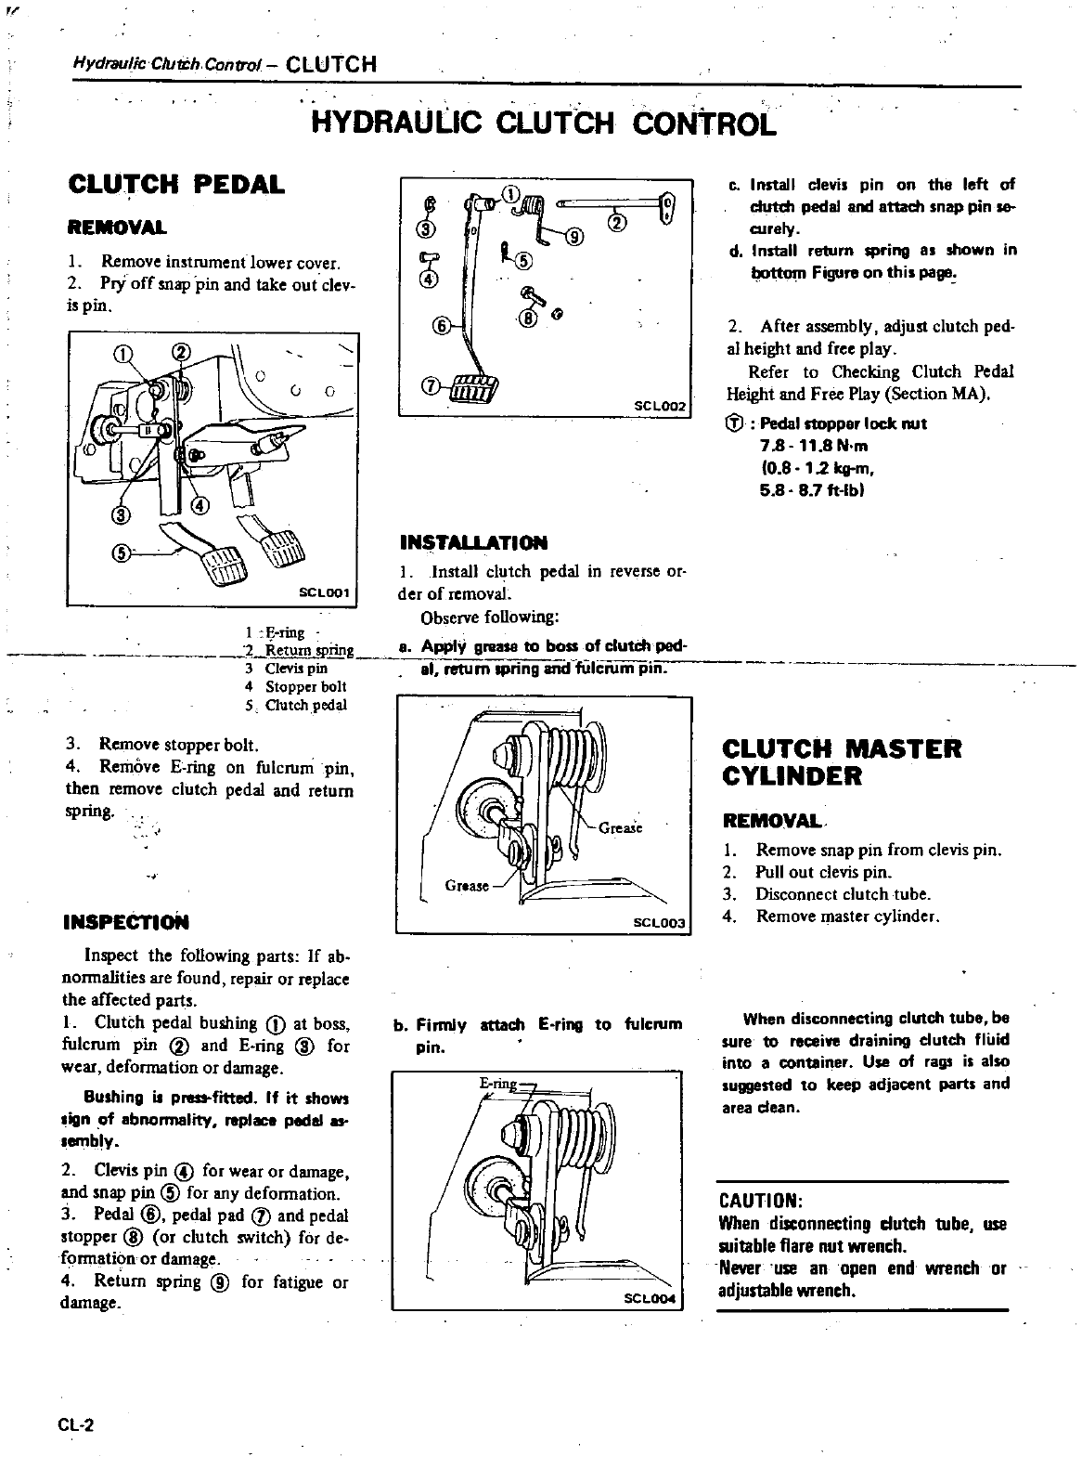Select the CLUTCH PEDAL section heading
[x=176, y=184]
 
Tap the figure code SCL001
[x=320, y=591]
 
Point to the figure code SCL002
[x=658, y=406]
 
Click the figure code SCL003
[x=658, y=922]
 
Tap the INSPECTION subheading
[x=125, y=922]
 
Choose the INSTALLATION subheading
[x=473, y=542]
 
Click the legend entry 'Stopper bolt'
[x=305, y=686]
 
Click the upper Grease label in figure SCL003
[x=621, y=827]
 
